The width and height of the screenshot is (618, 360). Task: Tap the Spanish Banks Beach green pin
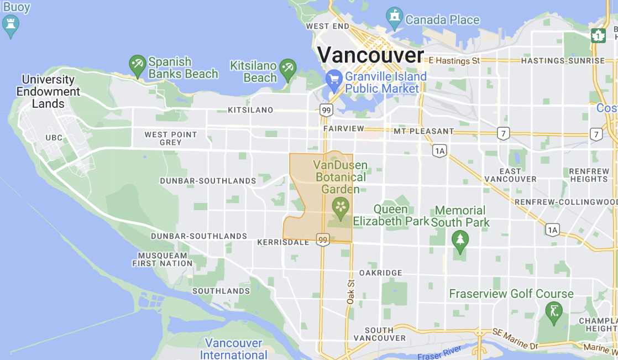[x=137, y=65]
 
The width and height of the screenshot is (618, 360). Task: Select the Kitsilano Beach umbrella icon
[x=287, y=69]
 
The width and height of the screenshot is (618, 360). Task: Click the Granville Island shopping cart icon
[x=333, y=81]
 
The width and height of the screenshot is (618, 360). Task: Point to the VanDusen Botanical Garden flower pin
[x=340, y=207]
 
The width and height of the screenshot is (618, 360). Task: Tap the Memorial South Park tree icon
[x=459, y=239]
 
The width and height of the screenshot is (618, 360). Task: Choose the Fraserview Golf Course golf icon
[x=553, y=312]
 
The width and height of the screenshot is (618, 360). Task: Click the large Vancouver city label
[x=371, y=55]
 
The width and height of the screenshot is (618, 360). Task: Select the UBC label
[x=54, y=138]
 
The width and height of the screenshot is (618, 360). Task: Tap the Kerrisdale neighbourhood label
[x=283, y=242]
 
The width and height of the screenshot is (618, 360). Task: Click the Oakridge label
[x=381, y=273]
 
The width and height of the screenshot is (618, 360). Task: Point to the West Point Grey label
[x=171, y=138]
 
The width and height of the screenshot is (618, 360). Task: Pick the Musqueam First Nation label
[x=163, y=259]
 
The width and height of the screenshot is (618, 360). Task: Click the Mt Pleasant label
[x=424, y=132]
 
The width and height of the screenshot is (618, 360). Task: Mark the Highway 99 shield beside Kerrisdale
[x=323, y=239]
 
